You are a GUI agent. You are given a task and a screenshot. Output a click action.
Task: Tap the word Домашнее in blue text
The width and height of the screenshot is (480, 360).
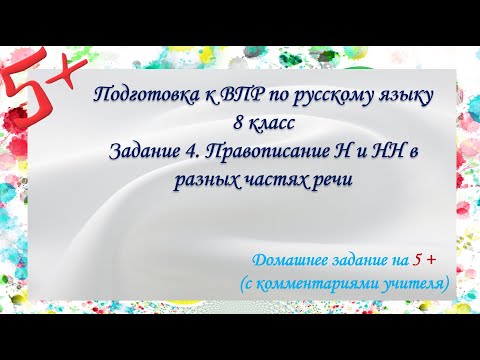(x=281, y=260)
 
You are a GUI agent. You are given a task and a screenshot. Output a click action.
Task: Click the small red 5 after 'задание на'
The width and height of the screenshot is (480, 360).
(x=417, y=260)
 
